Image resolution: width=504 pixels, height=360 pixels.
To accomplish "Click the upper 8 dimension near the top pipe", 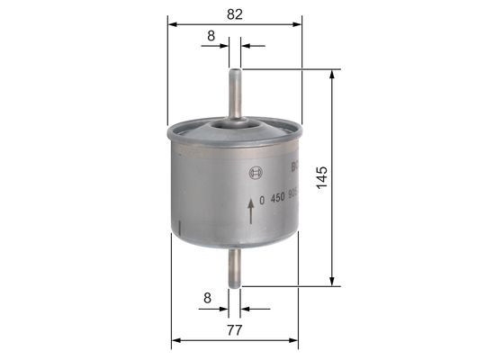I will (210, 36).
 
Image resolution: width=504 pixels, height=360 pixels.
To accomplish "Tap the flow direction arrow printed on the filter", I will (250, 211).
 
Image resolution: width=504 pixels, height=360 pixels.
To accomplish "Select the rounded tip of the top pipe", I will (235, 71).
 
